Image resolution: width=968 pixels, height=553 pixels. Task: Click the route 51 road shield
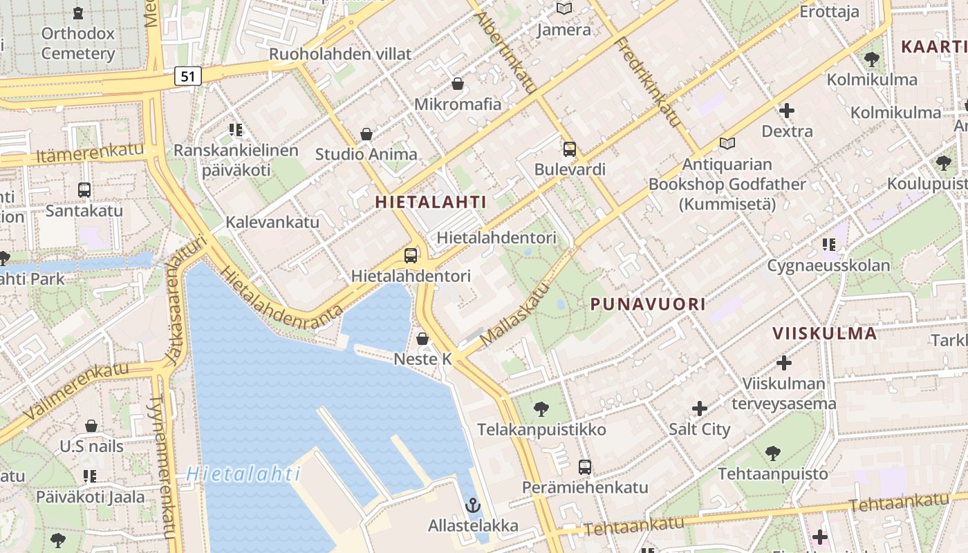188,76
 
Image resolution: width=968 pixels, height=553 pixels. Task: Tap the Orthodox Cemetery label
77,43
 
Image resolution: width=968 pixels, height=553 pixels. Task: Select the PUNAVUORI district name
648,304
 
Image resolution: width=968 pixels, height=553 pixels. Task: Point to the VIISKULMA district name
825,333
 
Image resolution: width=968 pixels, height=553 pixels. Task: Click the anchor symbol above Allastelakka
473,505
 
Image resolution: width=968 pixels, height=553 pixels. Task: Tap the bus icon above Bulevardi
570,149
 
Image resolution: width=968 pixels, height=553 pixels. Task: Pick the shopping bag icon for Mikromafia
458,84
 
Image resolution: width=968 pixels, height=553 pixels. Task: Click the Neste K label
422,359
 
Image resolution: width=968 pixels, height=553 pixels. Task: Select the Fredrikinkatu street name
648,82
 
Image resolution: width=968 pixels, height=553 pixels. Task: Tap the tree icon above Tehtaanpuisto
772,454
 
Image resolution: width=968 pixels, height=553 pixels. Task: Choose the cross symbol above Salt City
700,409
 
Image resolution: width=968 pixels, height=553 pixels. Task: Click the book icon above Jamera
564,9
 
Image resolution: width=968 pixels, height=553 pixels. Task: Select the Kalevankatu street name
272,222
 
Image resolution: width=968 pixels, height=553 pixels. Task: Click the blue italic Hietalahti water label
243,474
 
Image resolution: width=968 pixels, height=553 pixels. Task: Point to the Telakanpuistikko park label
541,429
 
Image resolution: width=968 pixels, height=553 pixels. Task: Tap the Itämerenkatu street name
90,153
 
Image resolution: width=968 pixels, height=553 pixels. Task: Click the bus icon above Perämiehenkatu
585,467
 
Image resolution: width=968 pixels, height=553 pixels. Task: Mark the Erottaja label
829,12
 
